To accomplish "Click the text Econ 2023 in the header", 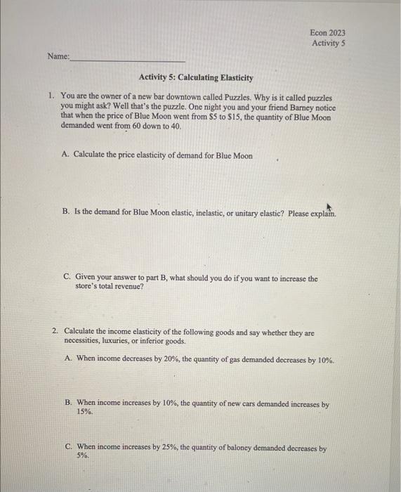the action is click(327, 32).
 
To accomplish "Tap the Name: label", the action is click(59, 57).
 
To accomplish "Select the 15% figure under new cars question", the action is click(84, 413).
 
